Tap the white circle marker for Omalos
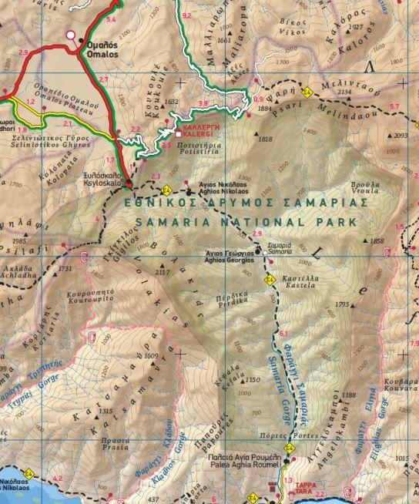[x=72, y=35]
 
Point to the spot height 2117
[x=163, y=273]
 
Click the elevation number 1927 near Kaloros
[x=355, y=27]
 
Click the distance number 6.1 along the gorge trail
[x=283, y=333]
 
